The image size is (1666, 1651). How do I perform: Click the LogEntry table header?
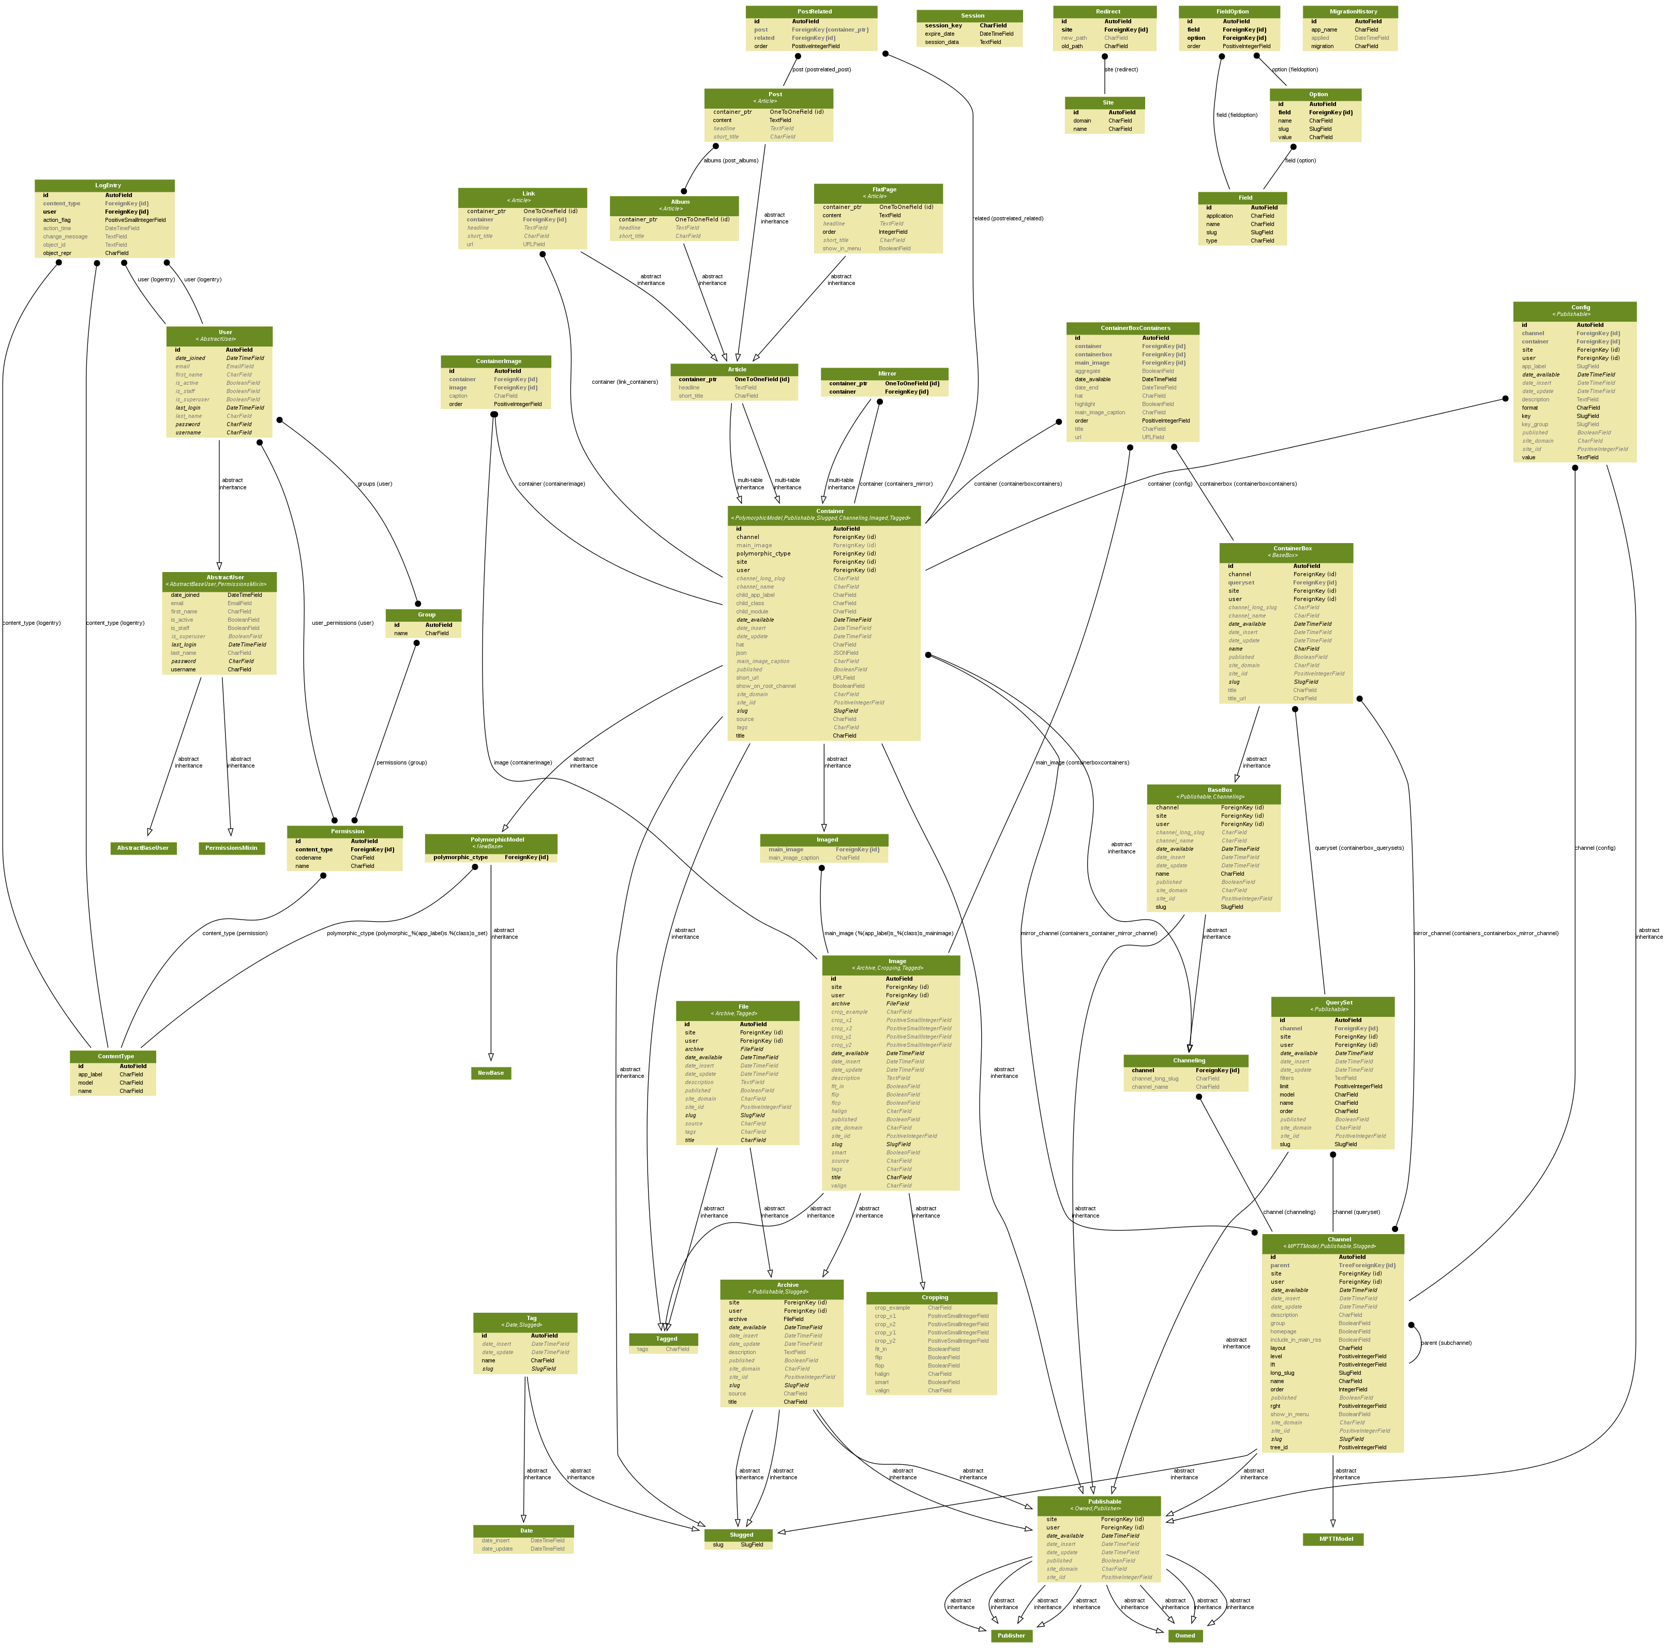104,185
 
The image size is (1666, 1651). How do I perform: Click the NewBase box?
491,1073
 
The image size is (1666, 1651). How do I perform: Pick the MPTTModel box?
1332,1539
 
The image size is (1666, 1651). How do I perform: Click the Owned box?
1185,1635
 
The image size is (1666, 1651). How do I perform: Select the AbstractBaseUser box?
143,848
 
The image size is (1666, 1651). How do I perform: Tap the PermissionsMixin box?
231,848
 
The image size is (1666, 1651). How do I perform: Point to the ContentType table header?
113,1056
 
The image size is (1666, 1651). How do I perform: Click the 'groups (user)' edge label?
374,484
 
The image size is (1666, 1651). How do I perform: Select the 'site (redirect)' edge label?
1121,70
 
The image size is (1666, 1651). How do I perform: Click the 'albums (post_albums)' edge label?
730,160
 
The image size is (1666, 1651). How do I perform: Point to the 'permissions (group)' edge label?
401,762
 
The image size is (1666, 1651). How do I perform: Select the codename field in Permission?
309,858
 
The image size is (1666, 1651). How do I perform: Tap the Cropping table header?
932,1298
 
